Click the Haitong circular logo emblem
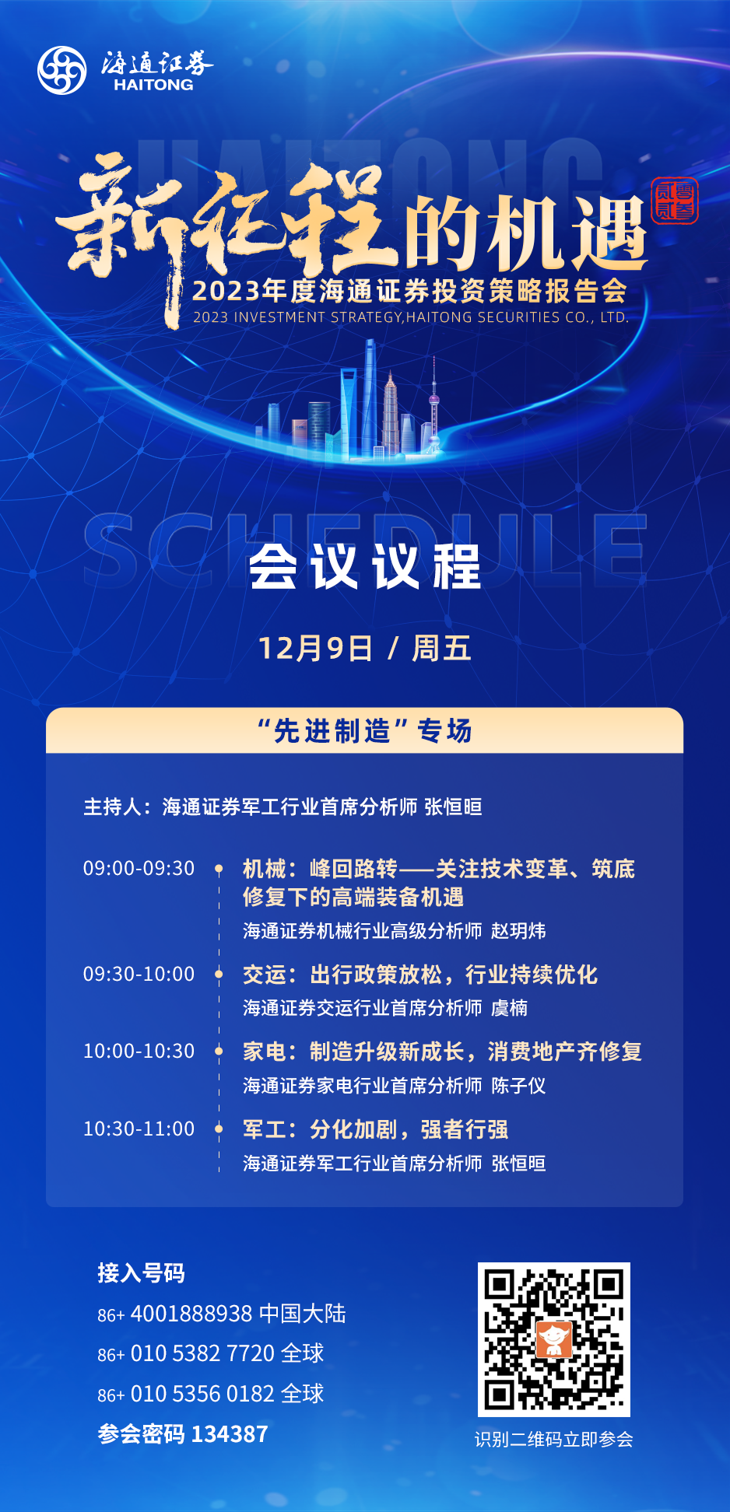(x=62, y=70)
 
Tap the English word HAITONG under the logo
(x=153, y=85)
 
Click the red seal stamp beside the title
(x=675, y=201)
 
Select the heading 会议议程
(x=365, y=567)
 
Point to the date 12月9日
(x=315, y=648)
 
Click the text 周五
(x=441, y=648)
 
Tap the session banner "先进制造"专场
(x=365, y=731)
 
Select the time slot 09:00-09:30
(x=139, y=868)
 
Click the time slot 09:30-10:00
(x=139, y=974)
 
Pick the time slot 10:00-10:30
(x=139, y=1051)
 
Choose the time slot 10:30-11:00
(x=139, y=1129)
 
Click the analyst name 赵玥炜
(x=518, y=931)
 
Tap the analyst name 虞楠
(x=509, y=1008)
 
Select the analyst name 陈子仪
(x=518, y=1086)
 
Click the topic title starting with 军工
(x=376, y=1129)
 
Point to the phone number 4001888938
(x=191, y=1314)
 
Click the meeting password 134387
(x=230, y=1433)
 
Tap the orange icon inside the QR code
(x=554, y=1339)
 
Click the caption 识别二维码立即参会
(x=554, y=1440)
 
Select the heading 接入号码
(x=141, y=1273)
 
